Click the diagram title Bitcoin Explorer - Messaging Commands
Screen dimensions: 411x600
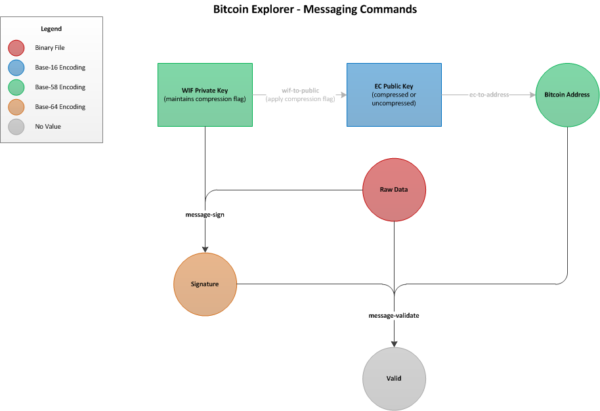point(315,9)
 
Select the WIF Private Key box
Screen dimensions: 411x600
point(205,95)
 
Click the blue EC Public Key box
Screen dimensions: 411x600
point(394,95)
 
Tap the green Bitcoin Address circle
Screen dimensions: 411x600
point(567,95)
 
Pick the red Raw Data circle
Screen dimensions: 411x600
point(394,190)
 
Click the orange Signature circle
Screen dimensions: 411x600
point(205,284)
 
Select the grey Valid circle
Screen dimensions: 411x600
point(394,378)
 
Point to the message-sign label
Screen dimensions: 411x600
point(205,215)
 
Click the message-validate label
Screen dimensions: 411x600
point(394,316)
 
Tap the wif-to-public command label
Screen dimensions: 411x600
point(300,91)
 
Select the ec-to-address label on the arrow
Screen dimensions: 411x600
point(489,95)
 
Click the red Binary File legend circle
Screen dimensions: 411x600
point(16,48)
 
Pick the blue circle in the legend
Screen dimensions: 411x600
point(16,68)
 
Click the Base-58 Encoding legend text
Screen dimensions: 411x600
point(60,87)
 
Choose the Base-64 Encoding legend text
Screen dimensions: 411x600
point(60,106)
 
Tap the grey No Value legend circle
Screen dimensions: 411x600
point(16,126)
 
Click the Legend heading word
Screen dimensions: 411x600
point(51,30)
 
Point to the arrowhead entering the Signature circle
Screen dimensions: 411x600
point(205,249)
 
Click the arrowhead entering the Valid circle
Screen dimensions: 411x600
point(394,343)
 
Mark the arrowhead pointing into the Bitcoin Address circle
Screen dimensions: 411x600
point(532,95)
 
